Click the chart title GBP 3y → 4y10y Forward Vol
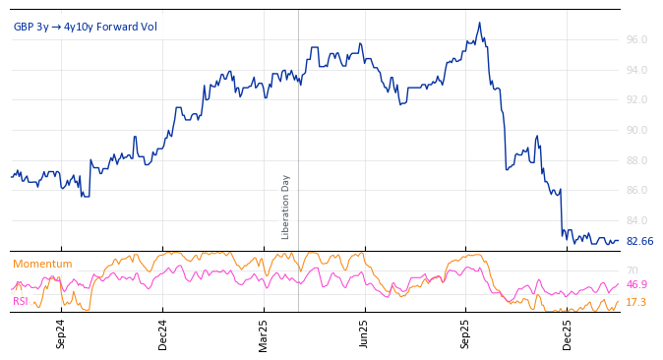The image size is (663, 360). [x=85, y=27]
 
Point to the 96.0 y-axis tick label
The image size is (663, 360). [x=636, y=39]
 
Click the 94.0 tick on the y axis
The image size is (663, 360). [x=636, y=70]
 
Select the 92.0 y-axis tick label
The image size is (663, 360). [x=636, y=99]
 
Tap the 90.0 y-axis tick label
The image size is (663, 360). [x=636, y=130]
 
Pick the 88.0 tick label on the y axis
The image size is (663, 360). [x=636, y=160]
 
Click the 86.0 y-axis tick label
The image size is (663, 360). [x=636, y=190]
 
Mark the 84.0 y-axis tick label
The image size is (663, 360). [x=636, y=220]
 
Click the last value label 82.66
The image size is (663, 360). [x=639, y=241]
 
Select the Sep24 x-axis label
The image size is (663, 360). [x=61, y=333]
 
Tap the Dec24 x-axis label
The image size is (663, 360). [x=162, y=333]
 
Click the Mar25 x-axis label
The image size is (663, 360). [x=264, y=333]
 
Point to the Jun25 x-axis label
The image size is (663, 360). [x=364, y=333]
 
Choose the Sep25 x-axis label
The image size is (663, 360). [x=465, y=333]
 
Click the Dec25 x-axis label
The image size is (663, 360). [x=567, y=333]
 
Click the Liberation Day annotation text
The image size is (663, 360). [x=286, y=207]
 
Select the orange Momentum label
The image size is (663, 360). [x=42, y=264]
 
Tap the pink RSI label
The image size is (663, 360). [x=20, y=301]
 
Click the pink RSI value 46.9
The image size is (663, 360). [x=636, y=285]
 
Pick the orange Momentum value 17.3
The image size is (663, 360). [x=636, y=302]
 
